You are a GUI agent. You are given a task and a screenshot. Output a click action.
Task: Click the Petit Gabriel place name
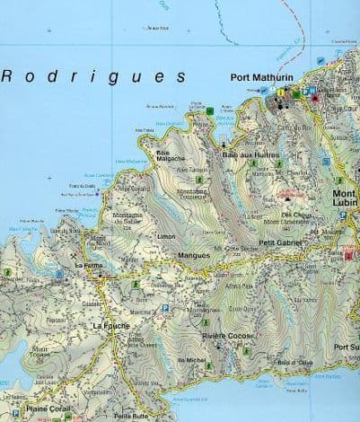[279, 242]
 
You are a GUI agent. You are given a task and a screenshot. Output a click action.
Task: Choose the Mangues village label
[195, 256]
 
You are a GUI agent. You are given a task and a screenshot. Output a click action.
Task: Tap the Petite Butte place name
[131, 416]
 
